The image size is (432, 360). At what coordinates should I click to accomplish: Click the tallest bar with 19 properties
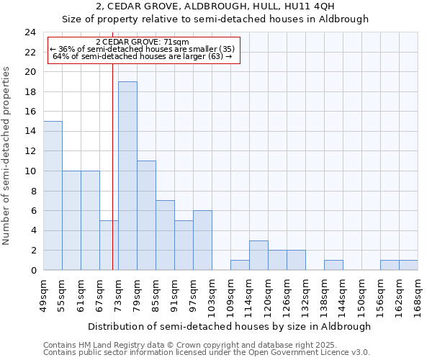(x=127, y=176)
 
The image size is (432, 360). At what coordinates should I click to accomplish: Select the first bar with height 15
(x=53, y=196)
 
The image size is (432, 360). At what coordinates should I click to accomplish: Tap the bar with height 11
(x=146, y=215)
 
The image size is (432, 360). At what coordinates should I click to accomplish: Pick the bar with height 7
(x=165, y=235)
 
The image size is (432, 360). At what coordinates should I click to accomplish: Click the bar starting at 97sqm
(x=202, y=240)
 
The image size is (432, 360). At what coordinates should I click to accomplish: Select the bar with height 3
(x=258, y=256)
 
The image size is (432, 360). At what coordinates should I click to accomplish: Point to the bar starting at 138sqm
(x=333, y=265)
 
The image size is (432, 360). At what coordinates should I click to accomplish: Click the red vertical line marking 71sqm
(x=112, y=166)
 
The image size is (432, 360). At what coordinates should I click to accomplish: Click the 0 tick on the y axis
(x=33, y=270)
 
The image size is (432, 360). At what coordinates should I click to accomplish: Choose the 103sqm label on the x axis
(x=212, y=294)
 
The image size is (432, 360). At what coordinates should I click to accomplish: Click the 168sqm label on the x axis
(x=418, y=294)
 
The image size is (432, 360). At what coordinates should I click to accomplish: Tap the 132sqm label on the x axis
(x=305, y=294)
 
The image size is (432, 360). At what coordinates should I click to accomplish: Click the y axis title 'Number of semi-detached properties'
(x=7, y=156)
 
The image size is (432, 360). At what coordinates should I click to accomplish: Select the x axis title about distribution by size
(x=230, y=326)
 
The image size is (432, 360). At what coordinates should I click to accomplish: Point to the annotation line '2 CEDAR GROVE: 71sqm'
(x=142, y=42)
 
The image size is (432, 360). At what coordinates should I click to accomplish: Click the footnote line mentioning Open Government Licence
(x=207, y=353)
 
